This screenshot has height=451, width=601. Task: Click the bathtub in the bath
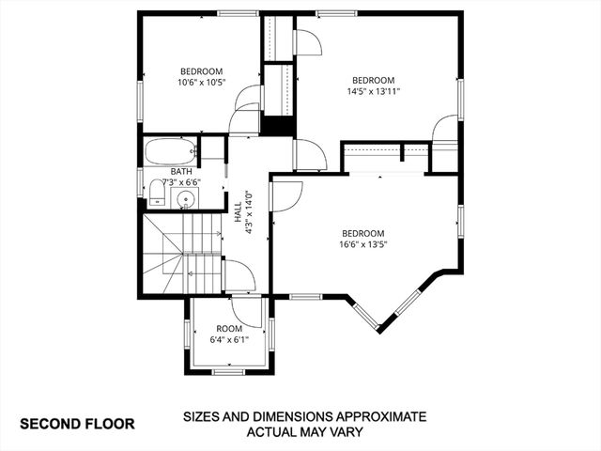pos(170,150)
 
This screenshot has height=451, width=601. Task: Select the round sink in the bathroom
pos(185,198)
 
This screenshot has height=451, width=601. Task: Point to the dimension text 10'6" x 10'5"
pos(201,83)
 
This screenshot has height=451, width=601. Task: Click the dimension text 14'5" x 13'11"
pos(373,92)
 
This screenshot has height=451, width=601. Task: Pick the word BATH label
pos(181,172)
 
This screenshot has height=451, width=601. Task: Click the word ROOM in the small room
pos(228,328)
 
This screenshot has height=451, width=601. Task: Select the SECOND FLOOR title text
pos(77,424)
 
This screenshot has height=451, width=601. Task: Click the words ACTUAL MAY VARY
pos(304,432)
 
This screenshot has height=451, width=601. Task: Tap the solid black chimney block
pos(277,126)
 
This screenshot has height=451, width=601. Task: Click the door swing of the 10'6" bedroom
pos(247,97)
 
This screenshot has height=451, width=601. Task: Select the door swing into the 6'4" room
pos(246,313)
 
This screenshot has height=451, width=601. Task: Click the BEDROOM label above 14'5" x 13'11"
pos(373,80)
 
